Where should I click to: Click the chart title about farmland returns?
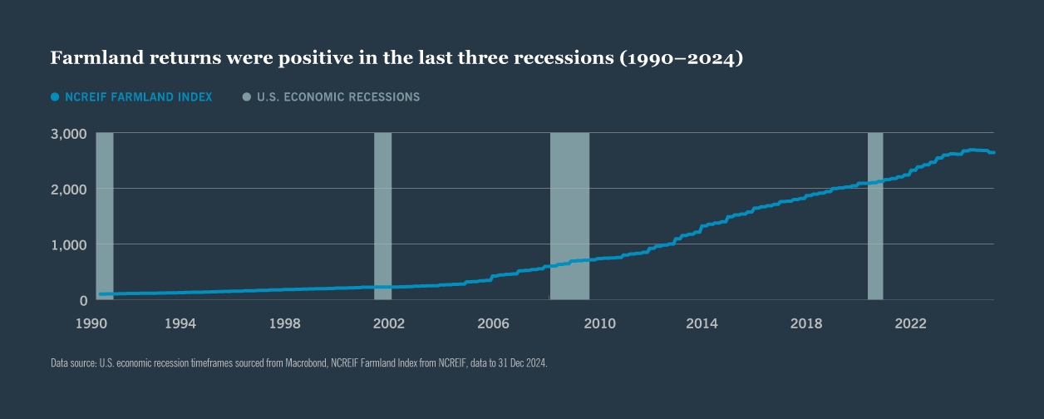click(x=396, y=58)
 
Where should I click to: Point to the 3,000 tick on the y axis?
click(x=70, y=133)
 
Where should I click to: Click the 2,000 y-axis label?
click(x=70, y=189)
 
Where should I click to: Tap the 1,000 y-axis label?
click(x=70, y=244)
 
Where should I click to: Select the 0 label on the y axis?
click(x=83, y=300)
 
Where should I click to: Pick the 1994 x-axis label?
click(x=180, y=323)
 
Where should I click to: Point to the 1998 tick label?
click(x=284, y=323)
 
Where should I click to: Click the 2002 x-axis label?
click(x=389, y=323)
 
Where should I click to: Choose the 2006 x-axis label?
click(x=493, y=323)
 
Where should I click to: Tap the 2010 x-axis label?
click(x=598, y=323)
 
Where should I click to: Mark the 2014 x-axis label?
click(x=702, y=323)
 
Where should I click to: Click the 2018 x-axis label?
click(x=806, y=323)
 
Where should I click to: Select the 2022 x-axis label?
click(x=911, y=323)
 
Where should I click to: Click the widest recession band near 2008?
click(x=569, y=216)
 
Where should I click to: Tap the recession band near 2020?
click(x=875, y=216)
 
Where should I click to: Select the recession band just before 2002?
click(x=382, y=216)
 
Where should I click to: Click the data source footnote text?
click(x=299, y=363)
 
